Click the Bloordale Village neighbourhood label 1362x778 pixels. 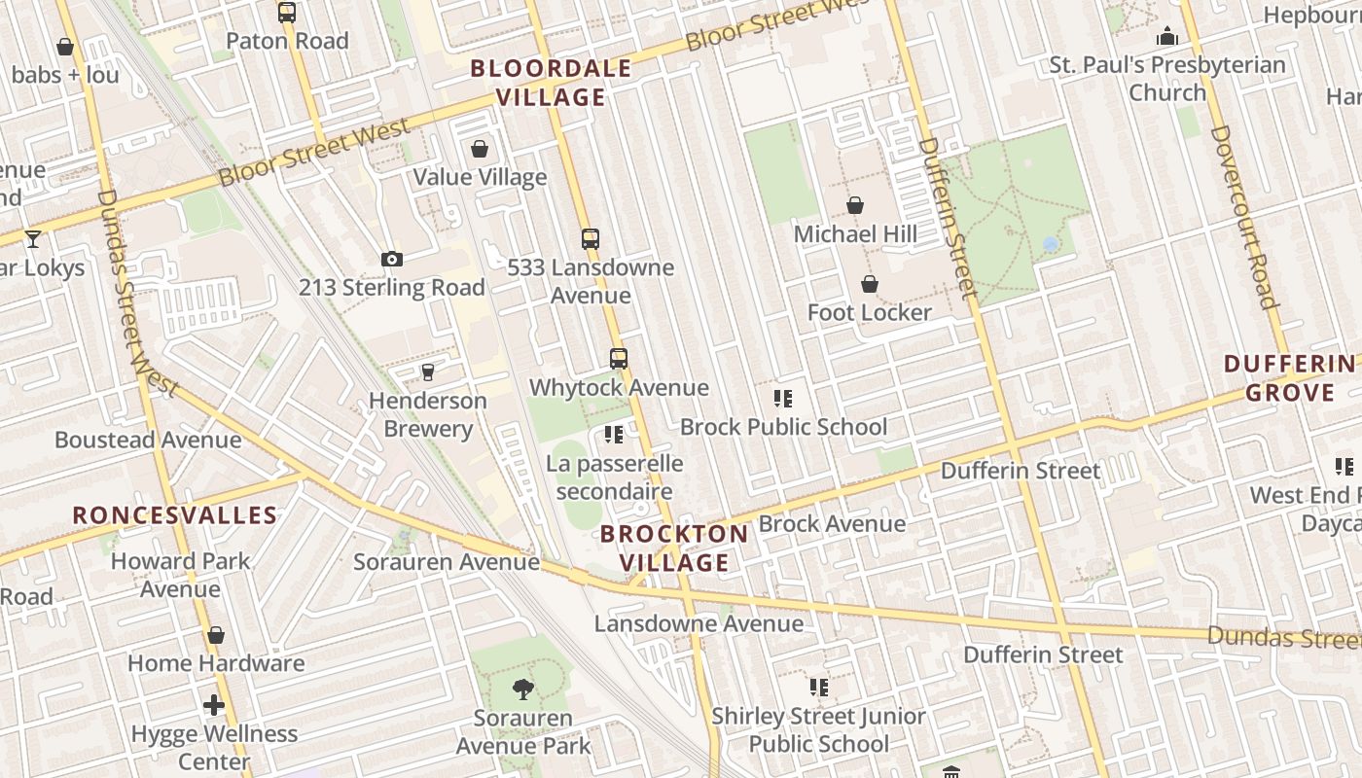click(x=551, y=83)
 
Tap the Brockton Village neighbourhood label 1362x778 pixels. click(x=674, y=548)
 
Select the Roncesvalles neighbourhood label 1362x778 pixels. click(x=175, y=514)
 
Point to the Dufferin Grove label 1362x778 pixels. click(x=1290, y=378)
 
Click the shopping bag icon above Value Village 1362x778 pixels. click(x=480, y=149)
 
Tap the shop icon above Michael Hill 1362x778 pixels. click(x=855, y=205)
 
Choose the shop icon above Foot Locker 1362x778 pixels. click(x=869, y=284)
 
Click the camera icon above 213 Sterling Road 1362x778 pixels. click(x=392, y=259)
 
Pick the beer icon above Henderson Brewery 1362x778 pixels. click(x=427, y=371)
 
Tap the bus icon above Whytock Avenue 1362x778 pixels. click(x=619, y=359)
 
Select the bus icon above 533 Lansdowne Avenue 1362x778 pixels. click(x=591, y=238)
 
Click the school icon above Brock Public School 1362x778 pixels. click(x=783, y=398)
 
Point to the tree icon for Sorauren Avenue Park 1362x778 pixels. click(x=523, y=690)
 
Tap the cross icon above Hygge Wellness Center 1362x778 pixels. click(x=214, y=705)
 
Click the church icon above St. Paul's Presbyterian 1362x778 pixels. click(x=1167, y=37)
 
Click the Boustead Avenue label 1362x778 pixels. click(x=148, y=440)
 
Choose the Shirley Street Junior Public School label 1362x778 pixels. click(x=818, y=729)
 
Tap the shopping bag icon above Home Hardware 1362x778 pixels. click(x=216, y=635)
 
